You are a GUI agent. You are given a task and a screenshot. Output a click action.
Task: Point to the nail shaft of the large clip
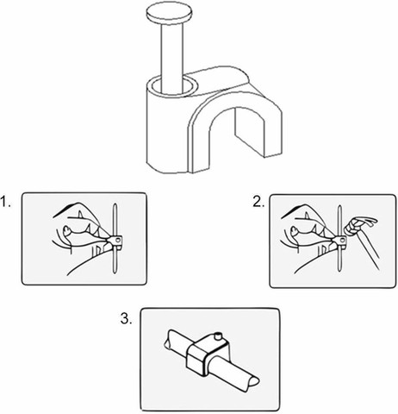pyautogui.click(x=172, y=58)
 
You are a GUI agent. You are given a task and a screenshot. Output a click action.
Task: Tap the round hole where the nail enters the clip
pyautogui.click(x=172, y=86)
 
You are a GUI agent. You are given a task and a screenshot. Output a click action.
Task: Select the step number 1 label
pyautogui.click(x=6, y=202)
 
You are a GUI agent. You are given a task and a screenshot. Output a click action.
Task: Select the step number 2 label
pyautogui.click(x=258, y=202)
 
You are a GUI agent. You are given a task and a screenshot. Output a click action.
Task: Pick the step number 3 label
pyautogui.click(x=127, y=318)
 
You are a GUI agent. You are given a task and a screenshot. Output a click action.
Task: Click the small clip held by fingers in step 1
pyautogui.click(x=115, y=241)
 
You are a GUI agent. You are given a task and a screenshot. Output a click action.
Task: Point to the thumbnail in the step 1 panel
pyautogui.click(x=67, y=229)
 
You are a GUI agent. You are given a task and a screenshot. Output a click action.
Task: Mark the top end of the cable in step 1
pyautogui.click(x=115, y=204)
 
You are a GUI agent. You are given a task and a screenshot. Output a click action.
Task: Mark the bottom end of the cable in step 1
pyautogui.click(x=115, y=272)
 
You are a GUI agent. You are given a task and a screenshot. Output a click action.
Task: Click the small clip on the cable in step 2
pyautogui.click(x=339, y=241)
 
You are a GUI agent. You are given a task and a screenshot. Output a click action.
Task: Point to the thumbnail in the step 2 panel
pyautogui.click(x=294, y=230)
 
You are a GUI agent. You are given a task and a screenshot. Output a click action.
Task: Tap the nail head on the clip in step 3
pyautogui.click(x=219, y=336)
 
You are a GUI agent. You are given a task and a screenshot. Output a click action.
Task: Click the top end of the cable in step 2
pyautogui.click(x=340, y=207)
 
